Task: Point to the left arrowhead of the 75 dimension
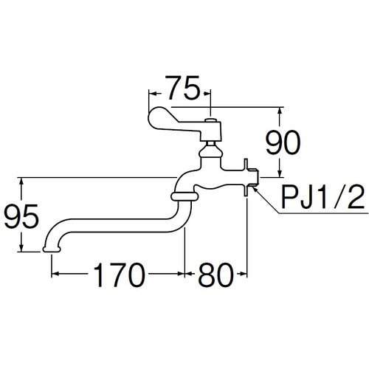(153, 94)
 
